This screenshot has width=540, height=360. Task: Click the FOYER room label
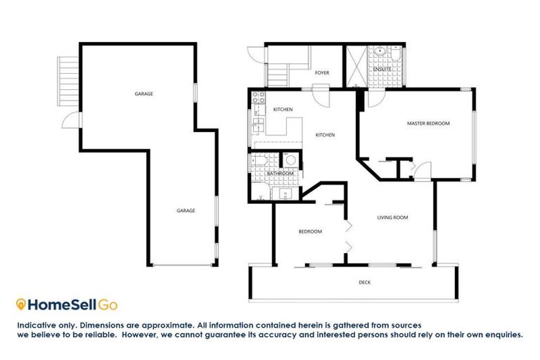tap(322, 72)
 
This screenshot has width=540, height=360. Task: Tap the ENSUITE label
tap(382, 69)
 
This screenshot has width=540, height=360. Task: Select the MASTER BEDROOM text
tap(428, 124)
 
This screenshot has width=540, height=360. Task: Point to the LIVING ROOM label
tap(392, 218)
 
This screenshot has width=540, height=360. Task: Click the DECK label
tap(364, 283)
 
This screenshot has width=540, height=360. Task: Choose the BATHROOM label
tap(279, 174)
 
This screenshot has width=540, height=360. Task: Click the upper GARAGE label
tap(143, 94)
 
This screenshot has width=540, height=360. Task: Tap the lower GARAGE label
tap(185, 210)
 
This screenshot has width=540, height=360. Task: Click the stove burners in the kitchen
tap(257, 98)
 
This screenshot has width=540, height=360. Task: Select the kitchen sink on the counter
tap(257, 127)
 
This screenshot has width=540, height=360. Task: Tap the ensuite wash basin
tap(379, 51)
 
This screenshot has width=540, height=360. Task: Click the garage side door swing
tap(72, 120)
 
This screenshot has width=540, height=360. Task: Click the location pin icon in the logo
tap(21, 304)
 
